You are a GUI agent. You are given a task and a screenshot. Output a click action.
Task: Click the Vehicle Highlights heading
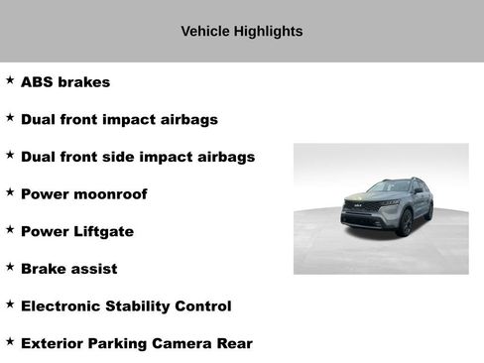pos(241,32)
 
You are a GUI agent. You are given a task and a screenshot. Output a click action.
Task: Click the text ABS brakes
pos(65,82)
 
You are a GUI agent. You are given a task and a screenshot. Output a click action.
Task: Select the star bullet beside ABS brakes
pos(10,80)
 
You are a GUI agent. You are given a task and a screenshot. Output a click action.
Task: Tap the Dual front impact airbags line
pos(119,120)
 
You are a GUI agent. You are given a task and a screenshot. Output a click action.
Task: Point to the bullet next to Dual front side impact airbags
pos(10,155)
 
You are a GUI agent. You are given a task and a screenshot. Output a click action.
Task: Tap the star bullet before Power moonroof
pos(10,192)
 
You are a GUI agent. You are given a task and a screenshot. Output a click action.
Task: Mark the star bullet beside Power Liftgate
pos(10,229)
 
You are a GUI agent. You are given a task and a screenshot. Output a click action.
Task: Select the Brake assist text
pos(68,269)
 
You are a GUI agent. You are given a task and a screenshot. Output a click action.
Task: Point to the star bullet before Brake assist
pos(10,267)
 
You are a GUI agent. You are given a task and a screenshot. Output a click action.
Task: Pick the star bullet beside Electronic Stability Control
pos(10,304)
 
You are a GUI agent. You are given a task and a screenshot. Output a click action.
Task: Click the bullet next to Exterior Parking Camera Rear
pos(10,341)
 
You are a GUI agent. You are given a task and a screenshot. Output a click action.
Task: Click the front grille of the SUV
pos(358,207)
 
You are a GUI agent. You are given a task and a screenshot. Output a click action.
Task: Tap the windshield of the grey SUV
pos(388,186)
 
